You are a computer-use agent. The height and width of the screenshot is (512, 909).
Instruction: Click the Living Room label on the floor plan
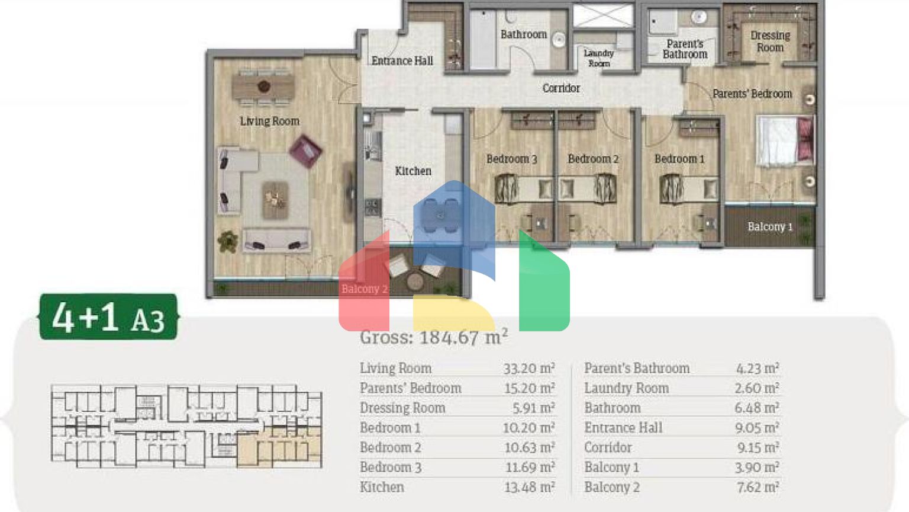click(269, 121)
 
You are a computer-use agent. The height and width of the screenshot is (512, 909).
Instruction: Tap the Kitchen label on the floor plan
click(413, 171)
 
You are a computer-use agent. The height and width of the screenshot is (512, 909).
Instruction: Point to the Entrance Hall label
click(402, 61)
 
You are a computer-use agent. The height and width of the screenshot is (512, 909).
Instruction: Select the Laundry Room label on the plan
click(599, 58)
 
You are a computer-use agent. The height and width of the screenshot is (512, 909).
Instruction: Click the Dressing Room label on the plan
click(770, 41)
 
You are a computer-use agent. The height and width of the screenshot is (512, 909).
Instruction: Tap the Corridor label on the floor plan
click(561, 88)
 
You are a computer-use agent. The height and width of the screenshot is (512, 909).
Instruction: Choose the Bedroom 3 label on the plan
click(511, 159)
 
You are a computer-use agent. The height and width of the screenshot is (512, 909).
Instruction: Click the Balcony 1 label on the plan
click(770, 227)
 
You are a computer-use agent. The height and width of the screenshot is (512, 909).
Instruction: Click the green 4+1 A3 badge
click(108, 316)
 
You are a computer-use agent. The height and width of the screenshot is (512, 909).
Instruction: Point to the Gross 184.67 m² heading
click(434, 337)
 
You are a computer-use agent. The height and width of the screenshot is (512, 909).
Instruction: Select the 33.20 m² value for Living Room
click(529, 368)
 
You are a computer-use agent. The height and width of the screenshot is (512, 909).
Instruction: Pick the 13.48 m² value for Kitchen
click(529, 487)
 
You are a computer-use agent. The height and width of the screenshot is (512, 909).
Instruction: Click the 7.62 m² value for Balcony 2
click(757, 487)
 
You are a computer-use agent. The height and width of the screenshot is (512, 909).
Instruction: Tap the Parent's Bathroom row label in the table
click(637, 368)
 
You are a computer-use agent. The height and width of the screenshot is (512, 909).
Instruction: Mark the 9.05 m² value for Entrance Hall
click(757, 427)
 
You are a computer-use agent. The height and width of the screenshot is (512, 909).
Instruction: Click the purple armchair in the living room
click(305, 151)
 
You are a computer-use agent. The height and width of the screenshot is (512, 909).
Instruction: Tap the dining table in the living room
click(263, 87)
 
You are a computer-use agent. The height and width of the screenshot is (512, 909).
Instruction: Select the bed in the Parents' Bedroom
click(784, 141)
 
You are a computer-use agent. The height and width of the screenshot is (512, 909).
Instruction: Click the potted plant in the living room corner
click(228, 242)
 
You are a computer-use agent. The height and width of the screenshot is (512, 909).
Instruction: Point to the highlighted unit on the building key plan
click(279, 447)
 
